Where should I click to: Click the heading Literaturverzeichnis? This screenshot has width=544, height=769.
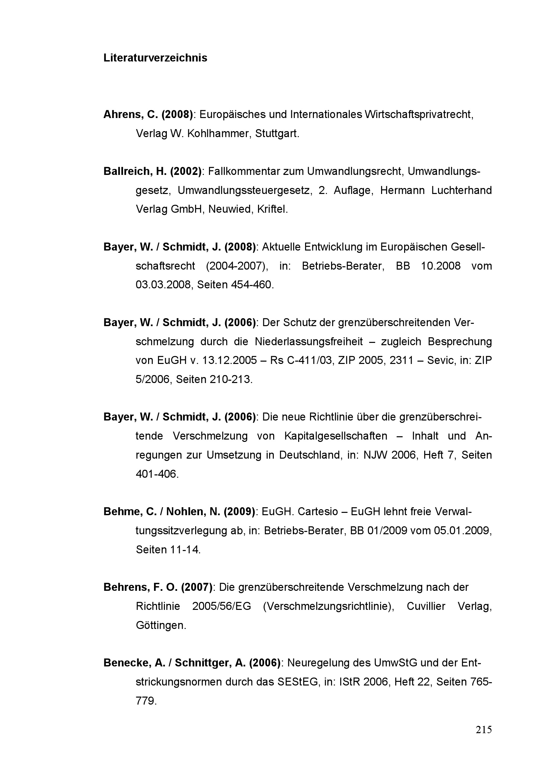(x=155, y=58)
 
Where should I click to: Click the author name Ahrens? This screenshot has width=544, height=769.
(x=123, y=114)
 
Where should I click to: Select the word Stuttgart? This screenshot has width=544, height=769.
(x=277, y=133)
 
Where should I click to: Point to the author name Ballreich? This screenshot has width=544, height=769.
(x=127, y=171)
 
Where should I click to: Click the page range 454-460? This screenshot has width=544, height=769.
(x=252, y=285)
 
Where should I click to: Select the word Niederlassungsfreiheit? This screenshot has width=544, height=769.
(x=309, y=342)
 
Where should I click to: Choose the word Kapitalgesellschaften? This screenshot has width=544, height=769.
(x=336, y=436)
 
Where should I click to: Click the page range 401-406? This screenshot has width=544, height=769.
(x=157, y=474)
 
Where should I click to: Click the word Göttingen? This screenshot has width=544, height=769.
(x=161, y=625)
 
